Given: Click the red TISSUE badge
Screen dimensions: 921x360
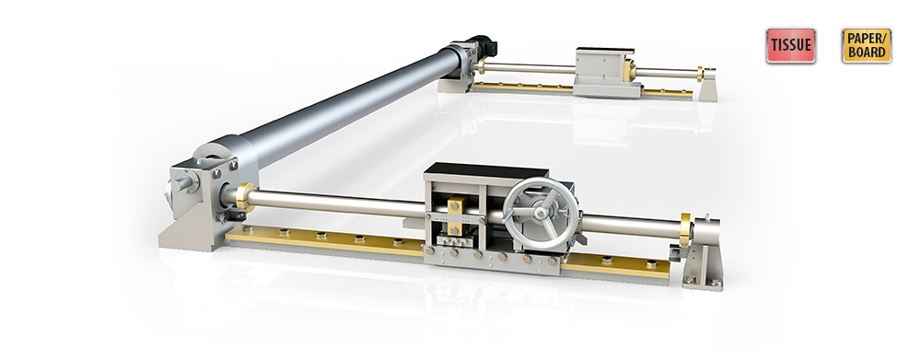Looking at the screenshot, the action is click(x=790, y=45).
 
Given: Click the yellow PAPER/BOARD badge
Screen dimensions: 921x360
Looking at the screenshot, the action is click(x=867, y=45).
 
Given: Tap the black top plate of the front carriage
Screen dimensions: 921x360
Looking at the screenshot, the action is click(x=486, y=171).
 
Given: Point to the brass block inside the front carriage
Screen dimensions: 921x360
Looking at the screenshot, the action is click(x=455, y=215).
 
